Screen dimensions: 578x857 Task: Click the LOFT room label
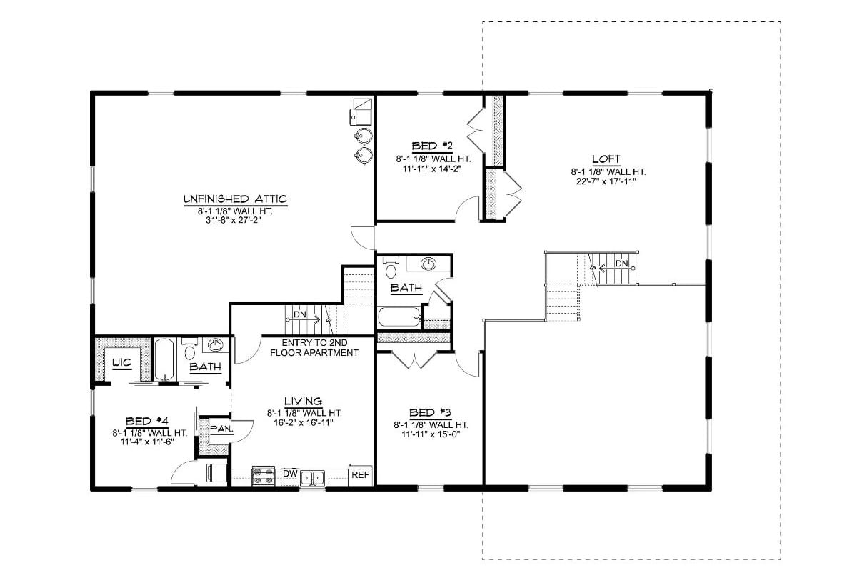point(606,159)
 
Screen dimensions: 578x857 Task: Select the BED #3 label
point(431,412)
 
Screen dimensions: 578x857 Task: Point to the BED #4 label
point(147,421)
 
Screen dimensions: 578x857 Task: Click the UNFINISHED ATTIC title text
point(235,198)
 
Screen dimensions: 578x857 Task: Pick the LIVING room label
point(304,401)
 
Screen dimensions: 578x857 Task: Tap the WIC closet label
point(122,362)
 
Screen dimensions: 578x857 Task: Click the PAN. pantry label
point(219,429)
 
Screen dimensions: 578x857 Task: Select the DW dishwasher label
point(290,474)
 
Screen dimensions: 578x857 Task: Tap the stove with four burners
point(264,476)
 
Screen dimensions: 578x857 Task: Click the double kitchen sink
point(312,477)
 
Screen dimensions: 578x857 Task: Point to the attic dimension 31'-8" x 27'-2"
point(235,220)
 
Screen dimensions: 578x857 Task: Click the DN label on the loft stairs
point(622,264)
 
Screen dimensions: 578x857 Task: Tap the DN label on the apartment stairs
point(299,314)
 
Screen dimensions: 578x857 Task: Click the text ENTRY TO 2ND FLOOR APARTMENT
point(314,348)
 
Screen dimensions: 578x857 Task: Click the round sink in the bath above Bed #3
point(428,264)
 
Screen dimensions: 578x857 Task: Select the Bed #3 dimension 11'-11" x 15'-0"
point(431,434)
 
